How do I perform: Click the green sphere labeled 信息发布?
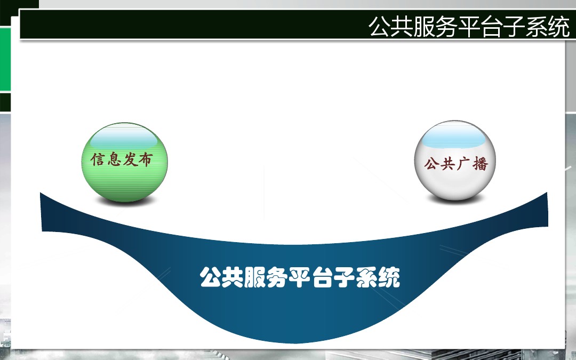[124, 162]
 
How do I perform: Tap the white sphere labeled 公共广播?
[455, 160]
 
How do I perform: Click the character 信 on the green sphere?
[98, 160]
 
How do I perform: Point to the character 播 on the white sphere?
[480, 164]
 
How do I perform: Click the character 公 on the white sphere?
[432, 163]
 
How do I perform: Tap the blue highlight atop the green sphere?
[124, 139]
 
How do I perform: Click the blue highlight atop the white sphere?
[454, 138]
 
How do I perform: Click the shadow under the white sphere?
[455, 199]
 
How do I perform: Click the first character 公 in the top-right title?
[380, 27]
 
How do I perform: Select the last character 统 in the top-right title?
[558, 27]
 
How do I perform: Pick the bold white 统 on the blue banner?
[389, 277]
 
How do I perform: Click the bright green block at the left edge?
[5, 59]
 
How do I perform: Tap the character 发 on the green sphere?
[130, 160]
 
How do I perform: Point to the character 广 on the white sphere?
[464, 164]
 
